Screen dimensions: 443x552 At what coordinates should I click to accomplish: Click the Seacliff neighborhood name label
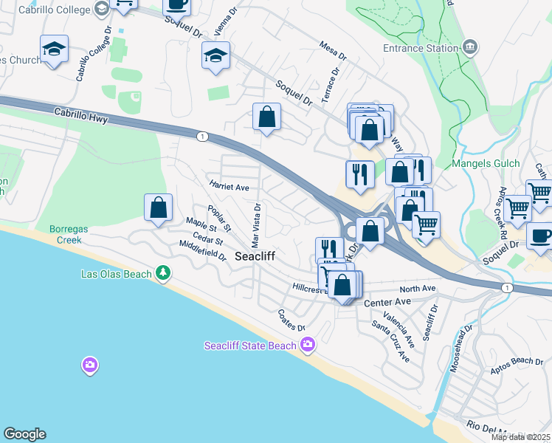[x=255, y=257]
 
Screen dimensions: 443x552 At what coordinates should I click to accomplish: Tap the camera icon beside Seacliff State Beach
[x=308, y=345]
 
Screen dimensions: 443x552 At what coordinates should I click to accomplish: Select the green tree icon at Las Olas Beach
[x=163, y=274]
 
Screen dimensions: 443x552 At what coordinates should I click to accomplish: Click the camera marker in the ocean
[x=89, y=365]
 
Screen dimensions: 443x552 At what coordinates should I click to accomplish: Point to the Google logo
[x=24, y=434]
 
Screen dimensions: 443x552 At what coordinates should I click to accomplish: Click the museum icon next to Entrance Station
[x=470, y=49]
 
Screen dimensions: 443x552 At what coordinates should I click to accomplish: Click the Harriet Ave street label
[x=229, y=188]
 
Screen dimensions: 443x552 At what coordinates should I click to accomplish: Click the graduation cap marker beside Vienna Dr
[x=215, y=55]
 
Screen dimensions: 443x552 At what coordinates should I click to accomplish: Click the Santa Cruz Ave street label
[x=390, y=341]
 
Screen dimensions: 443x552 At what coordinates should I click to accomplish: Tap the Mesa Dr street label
[x=333, y=50]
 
